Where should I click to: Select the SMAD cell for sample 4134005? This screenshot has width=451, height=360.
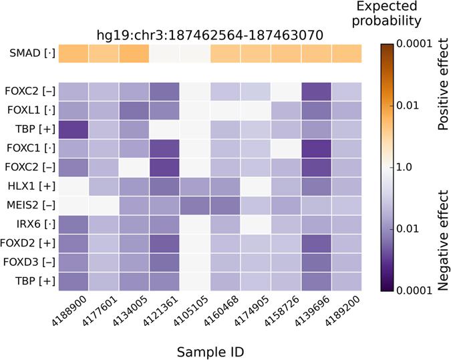[134, 53]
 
